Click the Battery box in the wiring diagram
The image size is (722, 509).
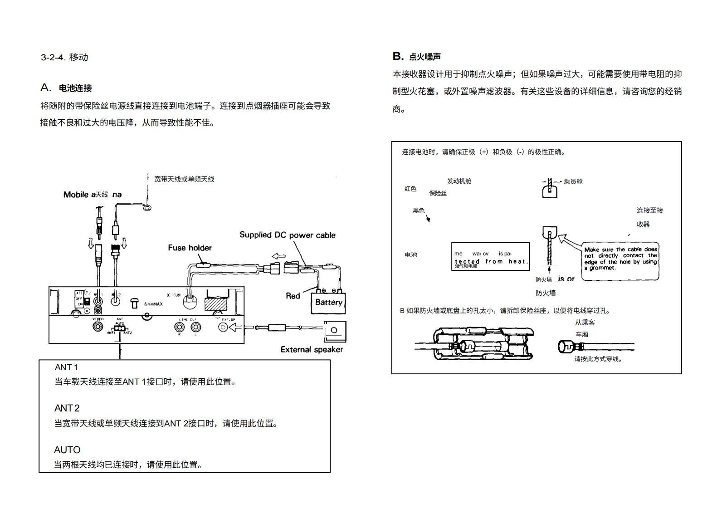[x=328, y=303]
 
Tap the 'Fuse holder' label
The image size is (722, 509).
[x=190, y=248]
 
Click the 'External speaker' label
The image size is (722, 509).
[x=312, y=349]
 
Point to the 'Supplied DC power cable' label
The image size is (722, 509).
[x=288, y=235]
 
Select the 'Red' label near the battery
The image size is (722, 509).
[x=293, y=296]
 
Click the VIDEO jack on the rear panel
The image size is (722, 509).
[x=98, y=327]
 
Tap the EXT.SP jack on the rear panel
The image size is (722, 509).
[x=223, y=327]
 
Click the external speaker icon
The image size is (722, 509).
[x=335, y=331]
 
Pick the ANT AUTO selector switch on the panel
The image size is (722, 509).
[x=119, y=328]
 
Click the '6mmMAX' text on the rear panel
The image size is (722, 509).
[x=153, y=304]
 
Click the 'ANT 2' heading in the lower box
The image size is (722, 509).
[x=67, y=408]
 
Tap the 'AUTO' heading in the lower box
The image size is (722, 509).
[x=67, y=450]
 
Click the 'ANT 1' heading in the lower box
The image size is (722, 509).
[x=66, y=367]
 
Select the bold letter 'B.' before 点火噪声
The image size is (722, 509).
[x=398, y=56]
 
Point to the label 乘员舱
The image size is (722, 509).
[x=573, y=181]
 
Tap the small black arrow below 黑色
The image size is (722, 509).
[x=428, y=219]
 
